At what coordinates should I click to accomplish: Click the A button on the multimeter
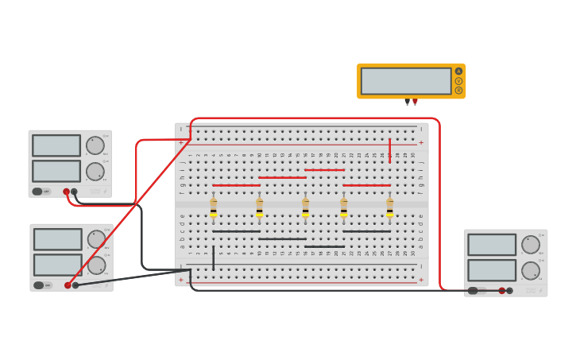pyautogui.click(x=458, y=72)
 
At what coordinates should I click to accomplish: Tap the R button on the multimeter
pyautogui.click(x=458, y=90)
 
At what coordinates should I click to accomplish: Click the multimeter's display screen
pyautogui.click(x=406, y=81)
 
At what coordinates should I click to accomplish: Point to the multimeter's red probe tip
pyautogui.click(x=415, y=102)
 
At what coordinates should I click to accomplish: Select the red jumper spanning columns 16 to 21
pyautogui.click(x=324, y=169)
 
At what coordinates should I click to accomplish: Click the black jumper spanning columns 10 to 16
pyautogui.click(x=282, y=238)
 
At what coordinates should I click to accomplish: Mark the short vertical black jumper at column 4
pyautogui.click(x=213, y=257)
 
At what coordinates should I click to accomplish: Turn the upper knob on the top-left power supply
pyautogui.click(x=95, y=145)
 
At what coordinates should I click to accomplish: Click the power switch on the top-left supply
pyautogui.click(x=38, y=191)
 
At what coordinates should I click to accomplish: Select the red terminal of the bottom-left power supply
pyautogui.click(x=68, y=285)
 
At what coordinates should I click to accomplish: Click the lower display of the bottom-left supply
pyautogui.click(x=57, y=265)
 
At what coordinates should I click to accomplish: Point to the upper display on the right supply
pyautogui.click(x=492, y=245)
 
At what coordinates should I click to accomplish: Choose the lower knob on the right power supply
pyautogui.click(x=530, y=270)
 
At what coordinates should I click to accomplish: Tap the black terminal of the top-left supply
pyautogui.click(x=74, y=192)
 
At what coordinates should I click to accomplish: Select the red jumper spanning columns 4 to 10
pyautogui.click(x=236, y=185)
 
